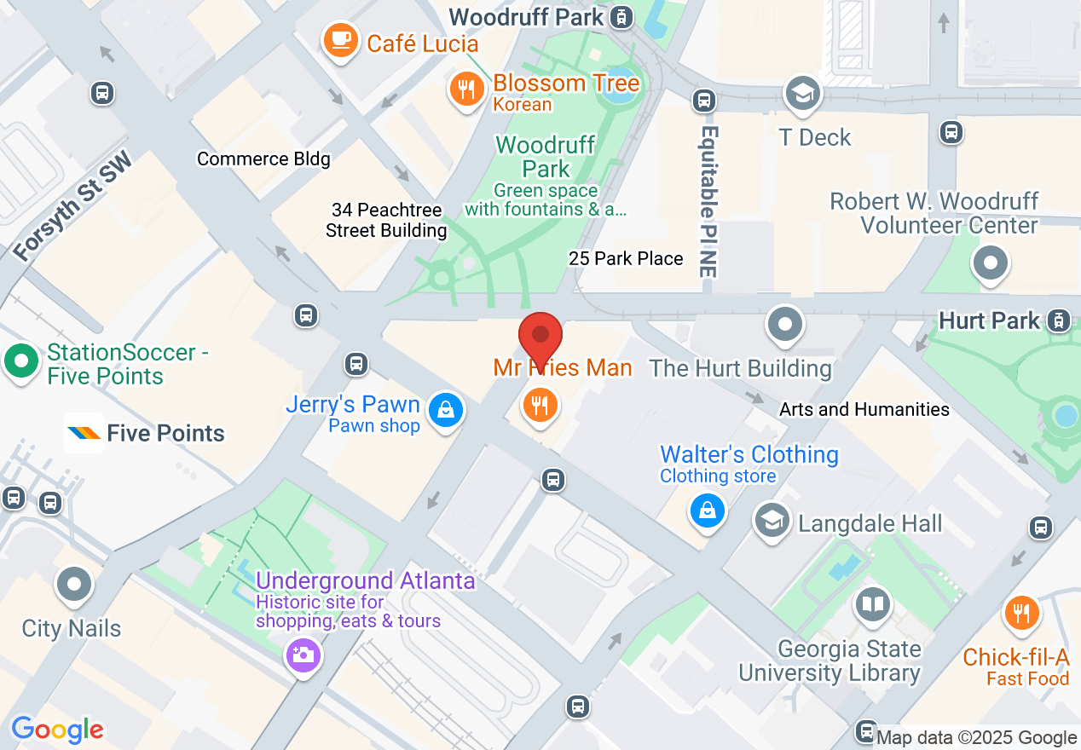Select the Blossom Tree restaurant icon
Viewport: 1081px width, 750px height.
(466, 89)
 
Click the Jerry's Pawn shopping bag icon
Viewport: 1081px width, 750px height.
(445, 411)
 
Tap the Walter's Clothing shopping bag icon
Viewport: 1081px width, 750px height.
(707, 511)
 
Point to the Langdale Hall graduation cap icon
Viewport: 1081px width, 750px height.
(772, 521)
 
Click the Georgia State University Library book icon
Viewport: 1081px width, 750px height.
(872, 606)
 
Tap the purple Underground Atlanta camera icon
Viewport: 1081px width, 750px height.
(303, 655)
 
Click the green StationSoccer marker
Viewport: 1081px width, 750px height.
(21, 361)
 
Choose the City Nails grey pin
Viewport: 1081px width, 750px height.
(74, 585)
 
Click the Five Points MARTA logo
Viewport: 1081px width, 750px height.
(84, 433)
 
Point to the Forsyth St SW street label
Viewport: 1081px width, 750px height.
(73, 207)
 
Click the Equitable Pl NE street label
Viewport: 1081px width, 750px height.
(709, 201)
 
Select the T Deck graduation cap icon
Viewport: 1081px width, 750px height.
(802, 94)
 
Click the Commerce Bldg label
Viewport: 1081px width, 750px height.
(263, 159)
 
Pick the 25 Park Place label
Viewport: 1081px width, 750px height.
(626, 258)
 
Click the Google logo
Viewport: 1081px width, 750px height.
(57, 730)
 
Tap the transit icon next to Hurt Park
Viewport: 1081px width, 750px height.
(1058, 320)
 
